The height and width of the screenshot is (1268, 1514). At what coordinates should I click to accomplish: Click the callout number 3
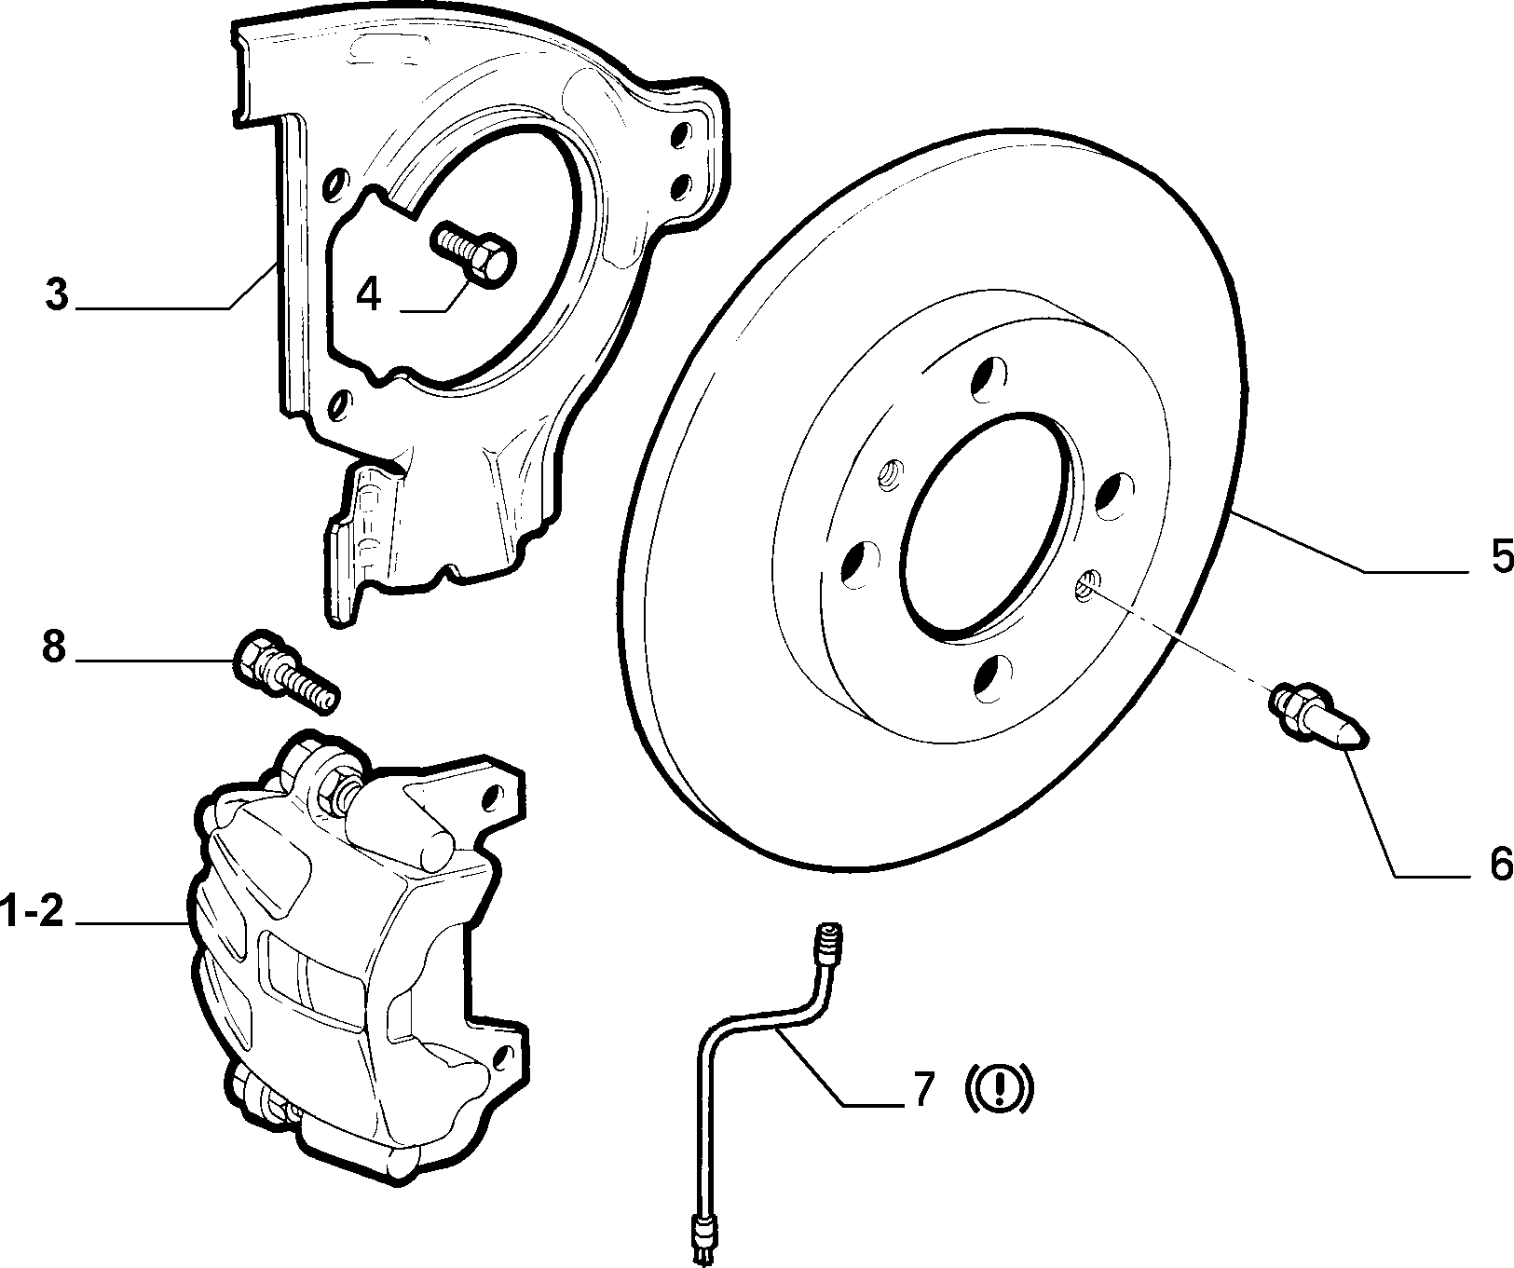[57, 294]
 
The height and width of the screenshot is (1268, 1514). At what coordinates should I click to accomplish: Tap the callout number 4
[369, 294]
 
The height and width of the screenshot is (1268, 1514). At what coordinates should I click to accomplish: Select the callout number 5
[1496, 556]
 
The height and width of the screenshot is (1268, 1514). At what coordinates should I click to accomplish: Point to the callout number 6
[1497, 864]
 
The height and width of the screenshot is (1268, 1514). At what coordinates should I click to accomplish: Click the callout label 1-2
[33, 910]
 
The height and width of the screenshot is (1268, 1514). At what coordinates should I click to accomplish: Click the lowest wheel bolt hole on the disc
[992, 677]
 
